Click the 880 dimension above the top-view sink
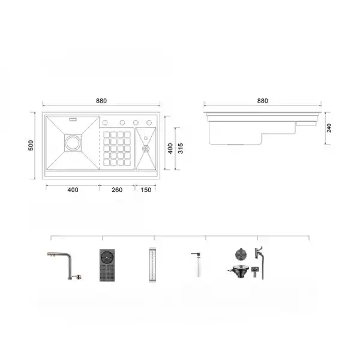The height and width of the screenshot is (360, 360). point(103,100)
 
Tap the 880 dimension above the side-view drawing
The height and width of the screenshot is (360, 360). point(263,101)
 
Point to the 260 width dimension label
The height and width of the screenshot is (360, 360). point(117,190)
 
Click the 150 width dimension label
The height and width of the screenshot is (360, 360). point(146,190)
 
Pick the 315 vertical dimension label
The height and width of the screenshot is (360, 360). point(179,148)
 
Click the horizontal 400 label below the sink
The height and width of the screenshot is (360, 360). point(73,190)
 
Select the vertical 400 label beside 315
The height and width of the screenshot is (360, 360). point(170,148)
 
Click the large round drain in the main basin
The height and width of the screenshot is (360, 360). point(73,143)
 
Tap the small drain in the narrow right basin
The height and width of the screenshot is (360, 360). point(146,146)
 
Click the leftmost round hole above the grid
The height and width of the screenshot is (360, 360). point(109,122)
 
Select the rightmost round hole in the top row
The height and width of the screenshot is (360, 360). point(149,122)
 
